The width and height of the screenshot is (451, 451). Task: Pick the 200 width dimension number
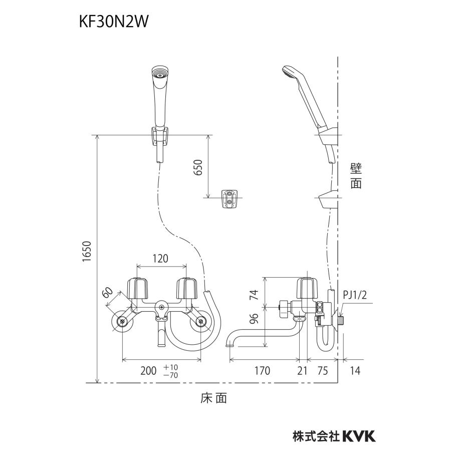click(x=148, y=371)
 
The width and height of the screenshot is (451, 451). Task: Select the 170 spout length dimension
click(x=262, y=371)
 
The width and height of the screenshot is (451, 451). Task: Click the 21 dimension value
click(x=303, y=371)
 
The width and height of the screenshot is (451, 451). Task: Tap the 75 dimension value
click(x=323, y=371)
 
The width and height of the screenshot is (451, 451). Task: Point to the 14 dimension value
click(x=355, y=371)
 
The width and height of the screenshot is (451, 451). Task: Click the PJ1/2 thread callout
click(x=355, y=296)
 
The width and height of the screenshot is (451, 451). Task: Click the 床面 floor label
click(x=214, y=398)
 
